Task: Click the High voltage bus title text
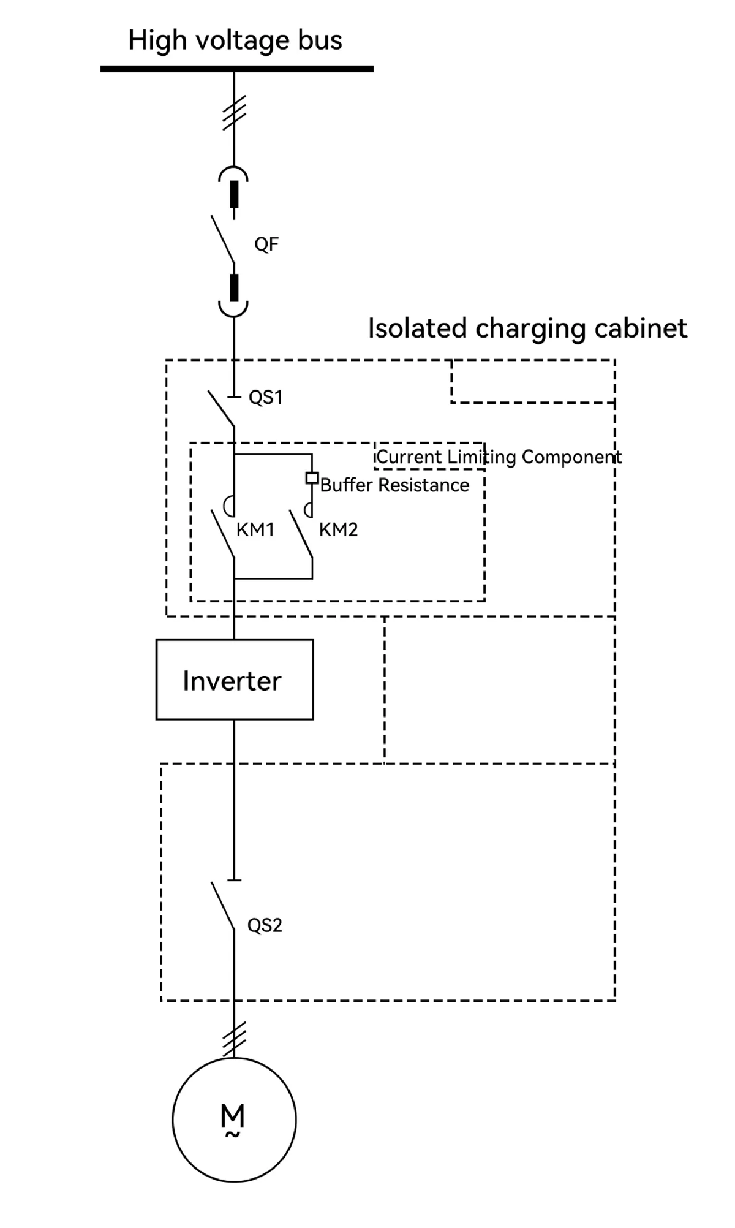click(x=235, y=40)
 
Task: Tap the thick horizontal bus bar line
click(x=236, y=69)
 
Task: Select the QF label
click(x=266, y=244)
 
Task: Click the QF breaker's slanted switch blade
click(x=223, y=239)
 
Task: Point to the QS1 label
click(x=266, y=398)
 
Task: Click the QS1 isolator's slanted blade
click(x=221, y=408)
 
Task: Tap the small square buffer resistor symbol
click(x=312, y=478)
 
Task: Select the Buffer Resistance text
click(x=394, y=485)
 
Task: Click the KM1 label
click(x=255, y=530)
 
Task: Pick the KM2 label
click(x=338, y=530)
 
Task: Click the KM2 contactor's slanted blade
click(x=301, y=534)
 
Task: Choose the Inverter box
click(x=235, y=680)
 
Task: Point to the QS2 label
click(x=265, y=925)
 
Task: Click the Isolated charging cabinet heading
click(x=527, y=328)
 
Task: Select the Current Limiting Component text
click(x=499, y=457)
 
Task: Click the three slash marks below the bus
click(x=234, y=113)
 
